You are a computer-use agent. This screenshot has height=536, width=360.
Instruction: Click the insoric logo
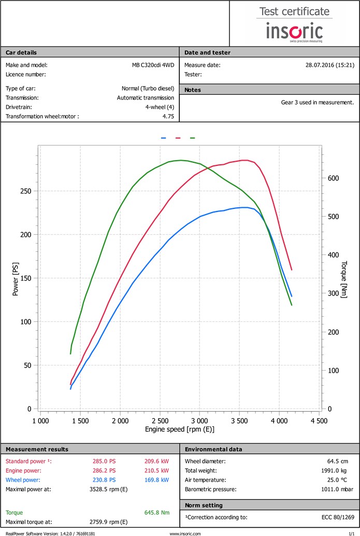coord(294,32)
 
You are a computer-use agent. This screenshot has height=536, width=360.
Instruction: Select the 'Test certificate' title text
coord(294,11)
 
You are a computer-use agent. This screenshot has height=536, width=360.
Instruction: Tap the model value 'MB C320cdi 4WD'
coord(153,65)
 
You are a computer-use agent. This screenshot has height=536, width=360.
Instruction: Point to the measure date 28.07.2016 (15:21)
coord(330,65)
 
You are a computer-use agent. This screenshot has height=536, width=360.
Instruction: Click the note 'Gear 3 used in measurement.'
coord(318,102)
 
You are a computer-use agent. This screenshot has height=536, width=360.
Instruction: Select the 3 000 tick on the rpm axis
coord(199,421)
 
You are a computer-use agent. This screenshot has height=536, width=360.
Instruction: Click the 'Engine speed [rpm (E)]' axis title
coord(180,430)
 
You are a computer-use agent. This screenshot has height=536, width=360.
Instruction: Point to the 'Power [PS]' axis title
coord(16,279)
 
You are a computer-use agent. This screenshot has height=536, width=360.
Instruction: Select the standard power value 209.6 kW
coord(157,461)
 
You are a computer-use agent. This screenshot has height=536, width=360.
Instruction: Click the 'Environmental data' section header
coord(213,449)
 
